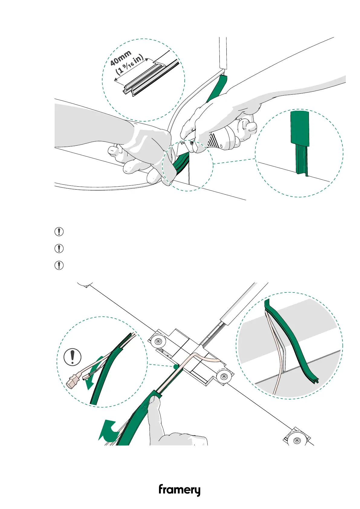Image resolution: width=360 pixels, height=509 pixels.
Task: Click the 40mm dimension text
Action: pyautogui.click(x=121, y=58)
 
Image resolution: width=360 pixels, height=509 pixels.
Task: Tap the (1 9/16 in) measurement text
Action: pyautogui.click(x=130, y=65)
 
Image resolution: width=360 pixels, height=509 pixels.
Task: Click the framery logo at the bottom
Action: pyautogui.click(x=179, y=490)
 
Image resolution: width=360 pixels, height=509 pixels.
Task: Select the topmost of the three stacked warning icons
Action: pyautogui.click(x=59, y=232)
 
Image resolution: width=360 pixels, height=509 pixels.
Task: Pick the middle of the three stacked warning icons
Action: pyautogui.click(x=59, y=249)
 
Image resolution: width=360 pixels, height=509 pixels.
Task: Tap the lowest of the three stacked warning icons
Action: pyautogui.click(x=59, y=265)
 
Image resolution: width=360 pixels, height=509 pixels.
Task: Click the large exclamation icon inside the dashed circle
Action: pyautogui.click(x=73, y=357)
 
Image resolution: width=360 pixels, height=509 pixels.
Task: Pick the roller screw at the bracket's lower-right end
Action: pyautogui.click(x=223, y=377)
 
